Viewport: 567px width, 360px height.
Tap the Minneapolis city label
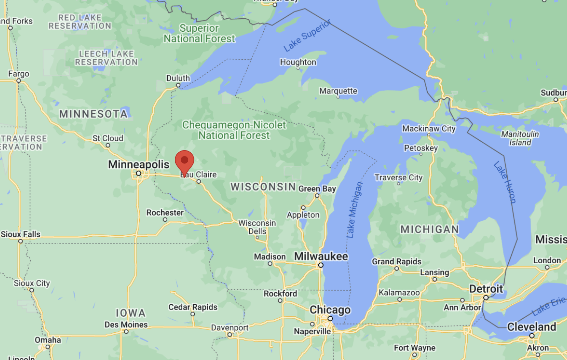(139, 164)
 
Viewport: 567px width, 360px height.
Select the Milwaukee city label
(321, 257)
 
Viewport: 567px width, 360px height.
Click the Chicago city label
(330, 310)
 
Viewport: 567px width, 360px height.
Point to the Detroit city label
(486, 289)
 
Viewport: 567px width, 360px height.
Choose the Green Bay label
(317, 189)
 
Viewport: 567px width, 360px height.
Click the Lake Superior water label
(307, 35)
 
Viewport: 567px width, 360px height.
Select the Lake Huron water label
(505, 182)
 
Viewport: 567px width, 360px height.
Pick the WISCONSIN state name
(263, 187)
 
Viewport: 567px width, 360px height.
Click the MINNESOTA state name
(93, 114)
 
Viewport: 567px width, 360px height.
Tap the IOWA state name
(130, 313)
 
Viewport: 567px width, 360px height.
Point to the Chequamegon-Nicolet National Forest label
(234, 130)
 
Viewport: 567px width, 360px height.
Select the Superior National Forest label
(199, 34)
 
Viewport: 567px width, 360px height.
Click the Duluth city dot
(178, 85)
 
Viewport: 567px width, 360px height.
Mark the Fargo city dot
(19, 81)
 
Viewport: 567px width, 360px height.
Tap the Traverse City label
(399, 178)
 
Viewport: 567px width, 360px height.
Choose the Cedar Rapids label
(193, 307)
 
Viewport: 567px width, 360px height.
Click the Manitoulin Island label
(520, 138)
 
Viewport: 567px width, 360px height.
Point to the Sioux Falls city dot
(21, 241)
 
